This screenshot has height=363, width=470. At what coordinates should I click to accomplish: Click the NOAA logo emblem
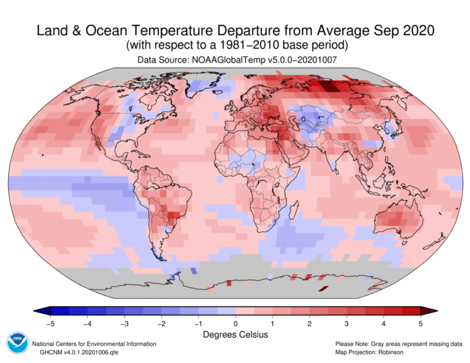point(16,344)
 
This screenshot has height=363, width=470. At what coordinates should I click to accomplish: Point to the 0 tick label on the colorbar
point(235,322)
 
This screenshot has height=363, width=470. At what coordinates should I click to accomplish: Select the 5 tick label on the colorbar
point(421,322)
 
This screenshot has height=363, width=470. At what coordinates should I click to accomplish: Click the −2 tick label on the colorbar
point(160,322)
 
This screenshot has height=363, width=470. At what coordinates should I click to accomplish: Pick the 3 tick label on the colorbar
point(347,322)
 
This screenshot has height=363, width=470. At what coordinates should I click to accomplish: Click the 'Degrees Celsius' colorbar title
point(235,334)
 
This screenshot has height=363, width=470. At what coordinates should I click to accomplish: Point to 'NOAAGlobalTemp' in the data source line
point(226,60)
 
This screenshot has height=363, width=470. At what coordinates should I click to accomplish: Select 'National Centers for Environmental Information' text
point(94,344)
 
